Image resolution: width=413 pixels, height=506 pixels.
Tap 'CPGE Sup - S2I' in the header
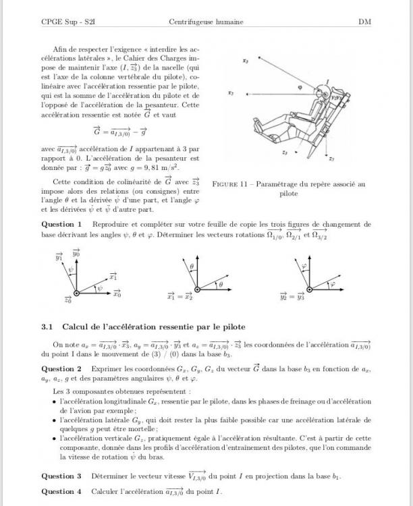(x=67, y=22)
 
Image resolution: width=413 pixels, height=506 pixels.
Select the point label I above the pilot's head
(x=327, y=82)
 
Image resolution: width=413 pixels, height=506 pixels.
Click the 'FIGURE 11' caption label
(x=233, y=184)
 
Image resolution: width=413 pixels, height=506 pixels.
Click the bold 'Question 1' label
(x=61, y=224)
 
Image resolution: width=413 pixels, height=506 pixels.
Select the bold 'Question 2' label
(x=61, y=369)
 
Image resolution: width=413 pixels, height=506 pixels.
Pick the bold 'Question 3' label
(x=61, y=476)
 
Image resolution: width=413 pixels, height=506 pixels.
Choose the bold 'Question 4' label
(x=61, y=491)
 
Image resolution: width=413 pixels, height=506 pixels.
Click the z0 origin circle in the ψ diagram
(x=76, y=292)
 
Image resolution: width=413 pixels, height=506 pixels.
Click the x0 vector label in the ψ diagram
(x=117, y=294)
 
